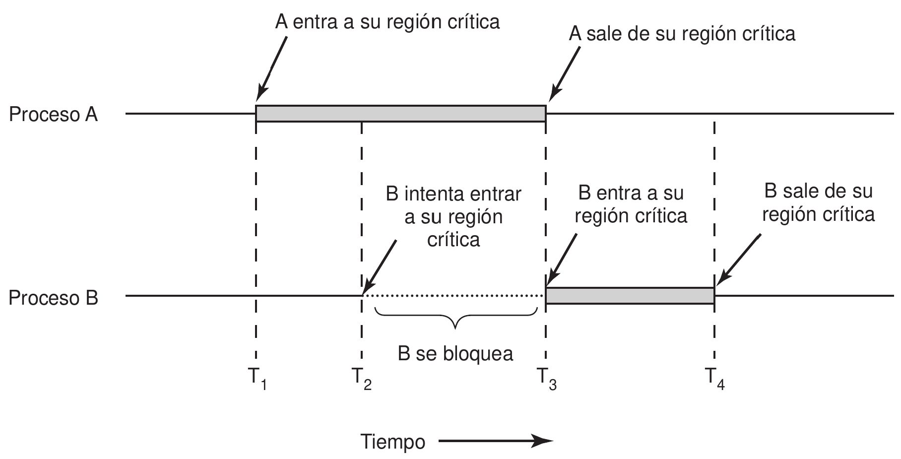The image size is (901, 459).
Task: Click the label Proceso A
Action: pos(54,115)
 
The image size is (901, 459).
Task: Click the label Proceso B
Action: pos(54,298)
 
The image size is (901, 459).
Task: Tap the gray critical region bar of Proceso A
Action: pos(400,114)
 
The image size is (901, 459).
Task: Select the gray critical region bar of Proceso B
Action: pos(630,296)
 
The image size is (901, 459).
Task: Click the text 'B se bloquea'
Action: pos(455,354)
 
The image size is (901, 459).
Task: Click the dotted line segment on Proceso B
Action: pos(453,296)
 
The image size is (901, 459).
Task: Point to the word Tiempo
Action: pos(393,441)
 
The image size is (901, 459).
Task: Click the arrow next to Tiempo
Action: pos(495,441)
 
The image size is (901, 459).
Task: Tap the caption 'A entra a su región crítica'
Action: pos(387,22)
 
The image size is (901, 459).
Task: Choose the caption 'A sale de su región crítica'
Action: pos(682,34)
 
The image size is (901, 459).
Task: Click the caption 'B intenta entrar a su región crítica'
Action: pos(453,217)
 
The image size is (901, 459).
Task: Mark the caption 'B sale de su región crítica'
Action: pos(818,202)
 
